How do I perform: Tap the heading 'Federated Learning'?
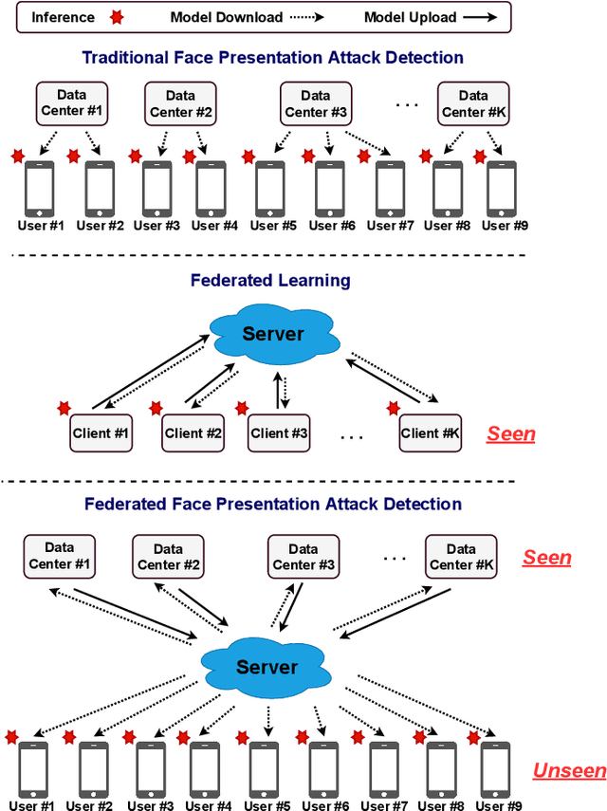270,281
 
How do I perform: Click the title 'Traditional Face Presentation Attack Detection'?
272,58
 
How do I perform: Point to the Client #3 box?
279,433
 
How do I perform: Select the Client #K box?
430,433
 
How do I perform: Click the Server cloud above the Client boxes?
273,333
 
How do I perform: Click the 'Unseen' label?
568,770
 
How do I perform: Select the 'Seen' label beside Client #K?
511,434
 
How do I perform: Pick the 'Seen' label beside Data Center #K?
547,558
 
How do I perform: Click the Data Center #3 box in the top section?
316,103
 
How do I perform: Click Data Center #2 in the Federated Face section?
168,557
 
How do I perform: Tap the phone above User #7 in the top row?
390,189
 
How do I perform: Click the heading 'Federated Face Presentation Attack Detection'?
273,505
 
